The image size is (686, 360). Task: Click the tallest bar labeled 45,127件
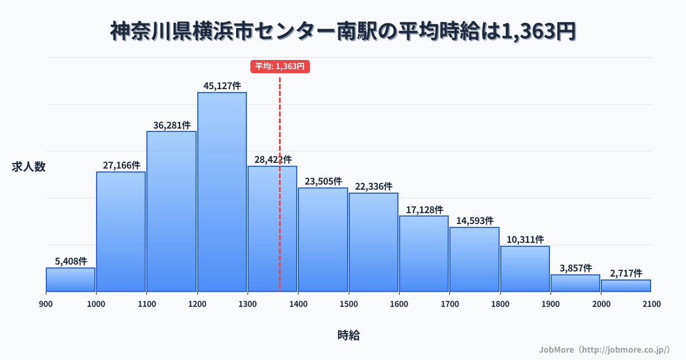click(222, 191)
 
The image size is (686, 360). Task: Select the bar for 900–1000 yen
click(70, 279)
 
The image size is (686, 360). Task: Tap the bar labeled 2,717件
click(626, 286)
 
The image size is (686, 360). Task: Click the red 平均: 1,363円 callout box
click(280, 66)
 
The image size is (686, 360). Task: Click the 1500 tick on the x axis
click(349, 304)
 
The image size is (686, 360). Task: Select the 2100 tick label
click(651, 304)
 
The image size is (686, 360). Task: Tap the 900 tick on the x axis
click(46, 304)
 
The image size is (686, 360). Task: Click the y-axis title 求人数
click(29, 167)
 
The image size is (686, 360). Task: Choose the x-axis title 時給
click(348, 335)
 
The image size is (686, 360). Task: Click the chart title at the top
click(343, 31)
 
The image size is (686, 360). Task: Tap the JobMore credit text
click(604, 349)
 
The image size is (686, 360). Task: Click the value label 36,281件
click(171, 125)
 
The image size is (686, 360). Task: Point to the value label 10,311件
click(525, 239)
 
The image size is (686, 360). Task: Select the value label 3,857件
click(575, 268)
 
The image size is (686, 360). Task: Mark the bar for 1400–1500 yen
click(323, 239)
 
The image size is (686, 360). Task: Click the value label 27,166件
click(121, 165)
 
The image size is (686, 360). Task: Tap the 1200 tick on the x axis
click(197, 304)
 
